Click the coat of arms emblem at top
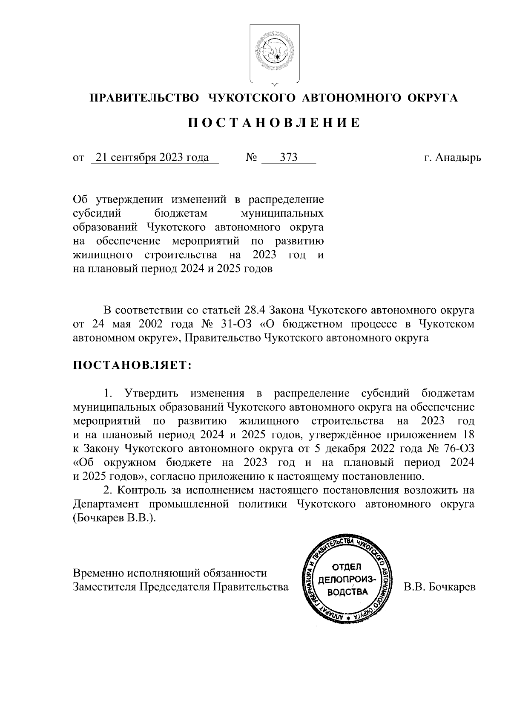click(274, 54)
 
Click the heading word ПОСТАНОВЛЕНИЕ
click(274, 123)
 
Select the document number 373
click(289, 158)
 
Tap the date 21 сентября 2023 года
click(152, 158)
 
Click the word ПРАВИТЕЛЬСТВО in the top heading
click(144, 98)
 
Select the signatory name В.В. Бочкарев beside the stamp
click(440, 587)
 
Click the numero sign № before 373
click(251, 158)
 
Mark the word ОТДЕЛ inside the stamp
click(346, 567)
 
